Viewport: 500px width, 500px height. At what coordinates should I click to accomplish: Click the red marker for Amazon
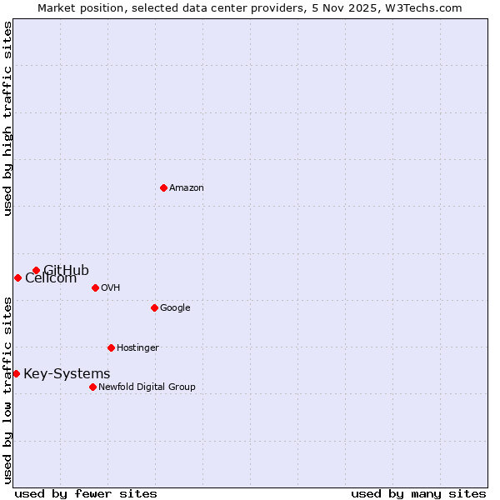[163, 187]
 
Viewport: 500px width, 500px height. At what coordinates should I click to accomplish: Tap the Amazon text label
[186, 188]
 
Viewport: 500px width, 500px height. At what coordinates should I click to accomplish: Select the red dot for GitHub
[36, 270]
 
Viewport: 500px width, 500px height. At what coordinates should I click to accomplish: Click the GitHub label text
[67, 269]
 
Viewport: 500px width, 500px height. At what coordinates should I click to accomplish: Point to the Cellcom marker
[17, 277]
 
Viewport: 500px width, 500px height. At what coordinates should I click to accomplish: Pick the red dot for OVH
[95, 287]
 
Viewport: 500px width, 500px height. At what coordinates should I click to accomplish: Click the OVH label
[110, 288]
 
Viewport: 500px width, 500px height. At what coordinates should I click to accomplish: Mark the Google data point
[154, 307]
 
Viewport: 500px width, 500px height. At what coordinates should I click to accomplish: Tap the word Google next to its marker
[175, 308]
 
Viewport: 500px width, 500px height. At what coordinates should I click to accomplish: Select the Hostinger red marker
[111, 347]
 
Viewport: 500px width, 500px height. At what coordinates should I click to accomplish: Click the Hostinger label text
[137, 348]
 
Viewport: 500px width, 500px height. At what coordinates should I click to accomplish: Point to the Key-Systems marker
[16, 373]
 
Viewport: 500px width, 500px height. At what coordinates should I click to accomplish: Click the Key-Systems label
[67, 374]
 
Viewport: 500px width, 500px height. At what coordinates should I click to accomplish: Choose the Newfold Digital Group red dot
[92, 387]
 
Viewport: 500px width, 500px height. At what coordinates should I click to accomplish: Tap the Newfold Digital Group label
[147, 387]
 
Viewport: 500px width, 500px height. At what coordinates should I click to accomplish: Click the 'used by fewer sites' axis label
[86, 493]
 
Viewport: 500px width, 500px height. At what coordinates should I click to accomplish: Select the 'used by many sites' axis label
[418, 493]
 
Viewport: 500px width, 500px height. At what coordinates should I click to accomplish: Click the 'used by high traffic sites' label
[8, 118]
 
